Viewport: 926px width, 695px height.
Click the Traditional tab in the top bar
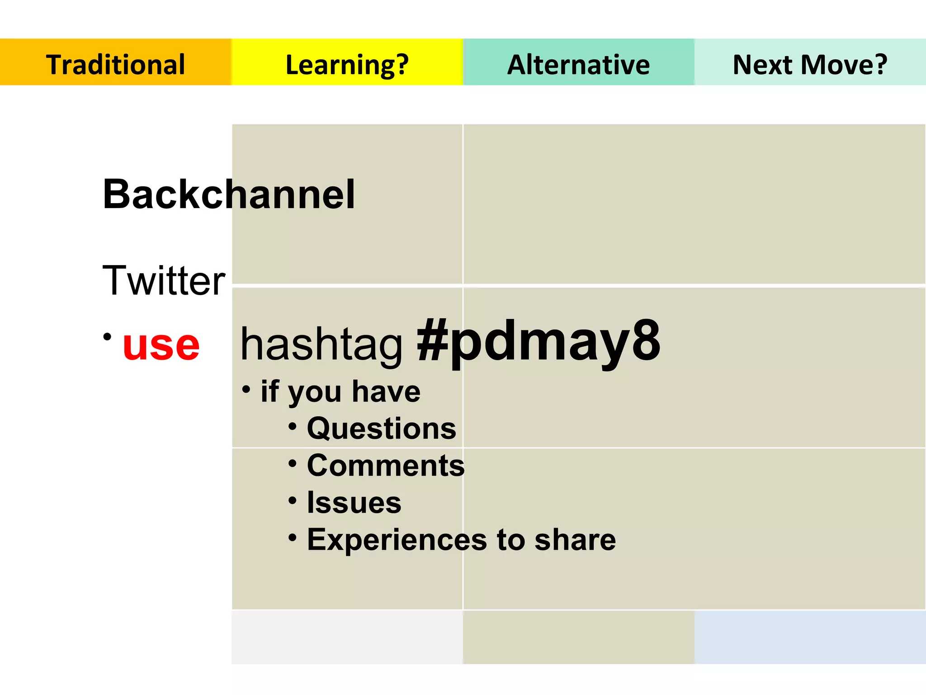pos(115,64)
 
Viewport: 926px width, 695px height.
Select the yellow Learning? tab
pos(347,64)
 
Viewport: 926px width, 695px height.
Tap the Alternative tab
pos(578,64)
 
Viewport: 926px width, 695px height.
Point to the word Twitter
pos(164,281)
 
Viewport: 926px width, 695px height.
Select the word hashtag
pos(321,345)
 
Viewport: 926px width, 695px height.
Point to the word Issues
pos(354,502)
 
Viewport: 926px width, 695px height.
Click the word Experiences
pos(397,539)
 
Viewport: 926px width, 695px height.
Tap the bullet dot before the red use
pos(107,337)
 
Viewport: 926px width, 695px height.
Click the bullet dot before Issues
pos(293,500)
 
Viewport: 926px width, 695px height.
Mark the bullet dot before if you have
pos(246,389)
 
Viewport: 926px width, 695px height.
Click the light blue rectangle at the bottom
pos(810,637)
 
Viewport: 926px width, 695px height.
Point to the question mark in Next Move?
pos(880,64)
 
